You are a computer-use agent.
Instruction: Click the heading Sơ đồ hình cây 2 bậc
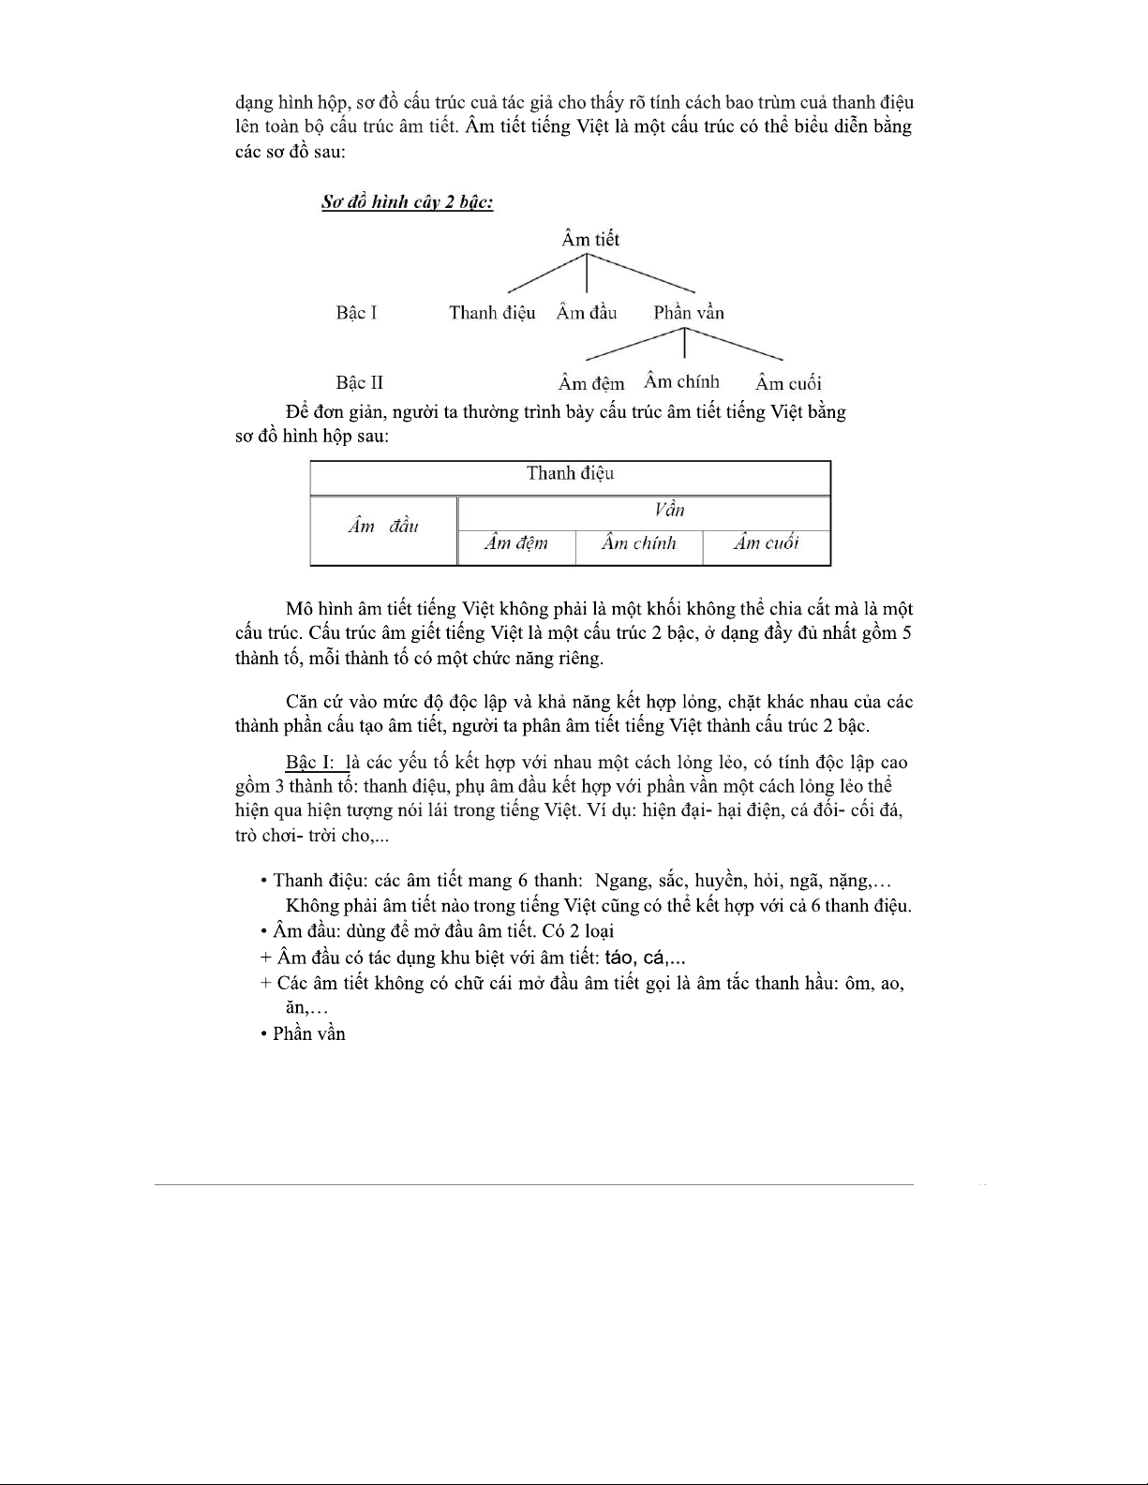coord(407,202)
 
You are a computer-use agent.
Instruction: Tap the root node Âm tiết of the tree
coord(590,240)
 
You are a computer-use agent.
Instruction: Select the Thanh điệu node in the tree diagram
coord(492,313)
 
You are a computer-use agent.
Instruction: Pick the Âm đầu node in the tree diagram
coord(587,313)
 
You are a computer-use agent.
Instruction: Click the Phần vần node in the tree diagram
coord(689,313)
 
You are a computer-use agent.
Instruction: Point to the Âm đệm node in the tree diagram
coord(591,383)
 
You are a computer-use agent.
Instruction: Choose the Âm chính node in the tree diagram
coord(681,381)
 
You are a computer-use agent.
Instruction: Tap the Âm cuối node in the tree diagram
coord(788,383)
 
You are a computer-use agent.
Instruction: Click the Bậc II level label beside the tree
coord(359,383)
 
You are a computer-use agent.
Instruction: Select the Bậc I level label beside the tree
coord(356,313)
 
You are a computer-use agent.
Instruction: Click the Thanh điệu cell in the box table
coord(570,474)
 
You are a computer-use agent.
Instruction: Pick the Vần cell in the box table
coord(669,511)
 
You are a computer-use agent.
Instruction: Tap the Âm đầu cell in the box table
coord(383,527)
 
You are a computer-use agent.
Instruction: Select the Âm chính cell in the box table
coord(638,544)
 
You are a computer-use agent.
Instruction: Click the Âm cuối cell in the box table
coord(766,544)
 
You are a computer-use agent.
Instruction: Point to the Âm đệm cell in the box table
coord(515,544)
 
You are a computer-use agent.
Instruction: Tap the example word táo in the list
coord(619,958)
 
